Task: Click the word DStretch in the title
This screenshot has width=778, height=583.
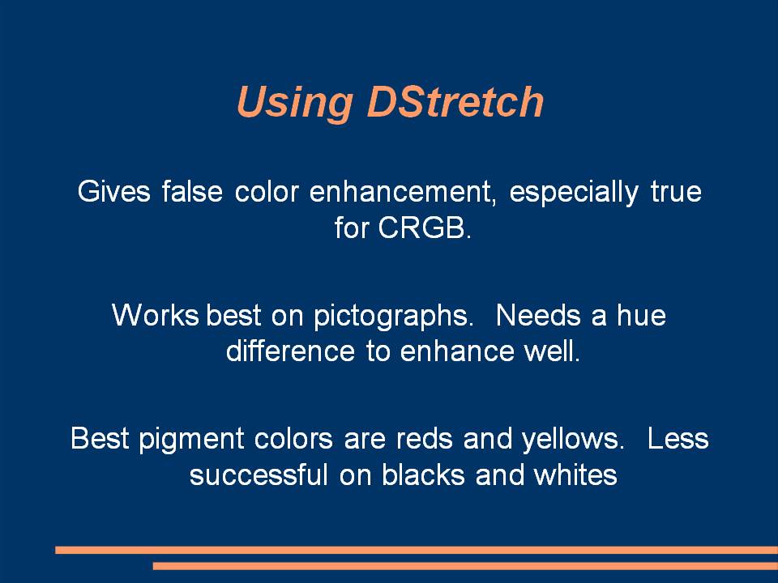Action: click(x=455, y=101)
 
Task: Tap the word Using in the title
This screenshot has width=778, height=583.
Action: click(x=295, y=103)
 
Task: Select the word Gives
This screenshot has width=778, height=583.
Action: click(x=113, y=191)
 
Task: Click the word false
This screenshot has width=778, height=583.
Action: click(x=192, y=191)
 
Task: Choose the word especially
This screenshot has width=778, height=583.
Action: click(x=574, y=193)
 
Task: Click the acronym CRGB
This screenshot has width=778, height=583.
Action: click(x=424, y=228)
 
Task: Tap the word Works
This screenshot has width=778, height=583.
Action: click(x=156, y=315)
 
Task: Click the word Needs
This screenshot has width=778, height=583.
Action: click(x=538, y=315)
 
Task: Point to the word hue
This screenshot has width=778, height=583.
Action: click(x=641, y=315)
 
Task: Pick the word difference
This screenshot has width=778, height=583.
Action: click(x=290, y=351)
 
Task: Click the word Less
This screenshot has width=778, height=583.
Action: click(x=678, y=439)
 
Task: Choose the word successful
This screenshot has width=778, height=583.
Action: click(x=259, y=474)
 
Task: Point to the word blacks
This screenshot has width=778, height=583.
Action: click(x=423, y=474)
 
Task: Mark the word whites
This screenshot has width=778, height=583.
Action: click(x=575, y=474)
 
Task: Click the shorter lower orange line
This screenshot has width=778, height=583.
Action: click(x=465, y=566)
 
